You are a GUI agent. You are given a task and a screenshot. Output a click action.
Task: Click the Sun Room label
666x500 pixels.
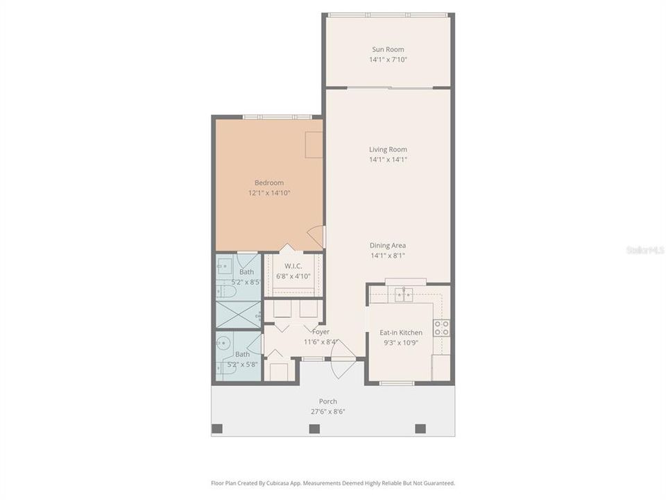[x=388, y=49]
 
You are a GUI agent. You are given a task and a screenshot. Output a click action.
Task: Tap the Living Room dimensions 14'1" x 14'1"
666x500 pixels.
[x=388, y=160]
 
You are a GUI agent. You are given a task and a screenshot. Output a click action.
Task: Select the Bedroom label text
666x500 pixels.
[x=269, y=183]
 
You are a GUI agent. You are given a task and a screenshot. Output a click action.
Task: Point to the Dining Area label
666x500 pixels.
[x=388, y=245]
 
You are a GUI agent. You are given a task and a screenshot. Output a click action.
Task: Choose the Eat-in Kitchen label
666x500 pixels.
[x=401, y=333]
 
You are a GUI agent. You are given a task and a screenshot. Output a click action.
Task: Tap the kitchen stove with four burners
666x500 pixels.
[x=441, y=328]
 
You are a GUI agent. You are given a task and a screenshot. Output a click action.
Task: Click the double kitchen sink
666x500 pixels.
[x=405, y=294]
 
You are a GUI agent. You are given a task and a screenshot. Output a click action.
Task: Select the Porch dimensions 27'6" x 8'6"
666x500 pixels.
[x=328, y=411]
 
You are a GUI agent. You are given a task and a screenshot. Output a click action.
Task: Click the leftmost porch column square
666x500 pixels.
[x=217, y=428]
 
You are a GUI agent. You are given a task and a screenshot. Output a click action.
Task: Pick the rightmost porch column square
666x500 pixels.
[x=420, y=428]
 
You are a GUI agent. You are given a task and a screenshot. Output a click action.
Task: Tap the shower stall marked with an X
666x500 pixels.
[x=239, y=314]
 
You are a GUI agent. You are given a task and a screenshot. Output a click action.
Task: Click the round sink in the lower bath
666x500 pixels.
[x=222, y=342]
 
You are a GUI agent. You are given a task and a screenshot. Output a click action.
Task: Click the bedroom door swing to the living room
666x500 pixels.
[x=316, y=237]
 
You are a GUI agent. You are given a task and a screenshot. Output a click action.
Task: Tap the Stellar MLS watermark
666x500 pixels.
[x=644, y=249]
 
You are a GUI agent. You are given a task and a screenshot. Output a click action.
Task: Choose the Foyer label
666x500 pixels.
[x=321, y=332]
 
